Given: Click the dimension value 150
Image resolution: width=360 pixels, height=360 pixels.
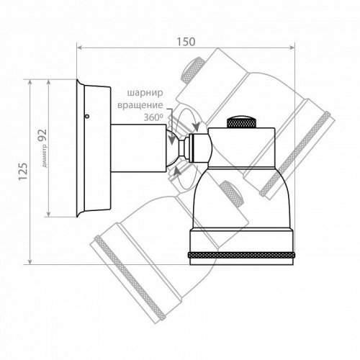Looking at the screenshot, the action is click(x=186, y=42).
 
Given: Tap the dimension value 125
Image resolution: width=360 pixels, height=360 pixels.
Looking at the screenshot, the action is click(x=23, y=171).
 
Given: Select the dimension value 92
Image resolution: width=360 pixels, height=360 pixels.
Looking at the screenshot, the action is click(x=42, y=136).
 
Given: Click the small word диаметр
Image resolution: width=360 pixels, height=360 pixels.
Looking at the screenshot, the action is click(x=45, y=157).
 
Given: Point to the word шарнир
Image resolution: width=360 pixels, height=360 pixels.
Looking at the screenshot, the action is click(x=145, y=93).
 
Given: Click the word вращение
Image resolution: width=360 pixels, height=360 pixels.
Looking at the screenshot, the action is click(x=140, y=105).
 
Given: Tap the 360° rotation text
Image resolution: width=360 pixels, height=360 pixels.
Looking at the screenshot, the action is click(x=153, y=117).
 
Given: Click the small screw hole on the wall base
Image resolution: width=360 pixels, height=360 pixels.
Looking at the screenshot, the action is click(x=87, y=117).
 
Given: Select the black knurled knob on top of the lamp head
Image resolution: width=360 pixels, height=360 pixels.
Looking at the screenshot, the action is click(x=241, y=122).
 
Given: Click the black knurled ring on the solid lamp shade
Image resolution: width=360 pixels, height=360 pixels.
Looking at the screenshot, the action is click(x=241, y=255).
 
